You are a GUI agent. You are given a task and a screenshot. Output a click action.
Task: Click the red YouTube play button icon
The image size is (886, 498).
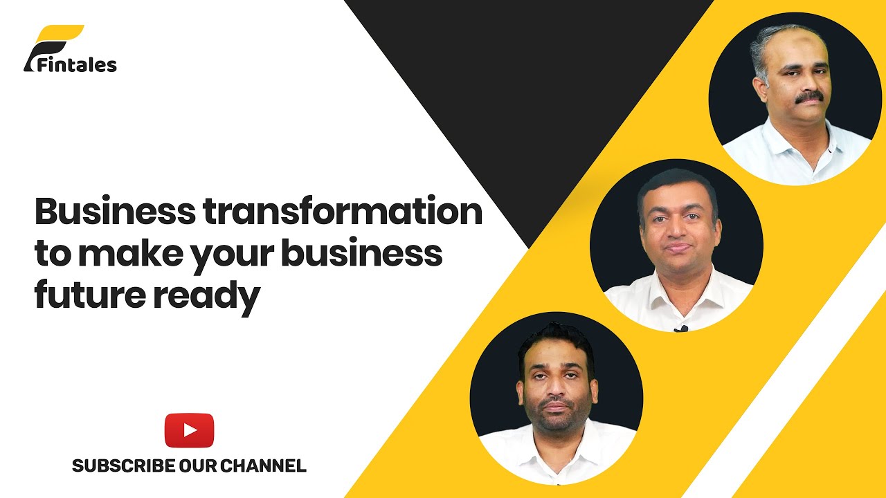tap(189, 430)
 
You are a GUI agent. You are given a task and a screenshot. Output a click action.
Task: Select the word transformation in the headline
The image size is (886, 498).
tap(343, 211)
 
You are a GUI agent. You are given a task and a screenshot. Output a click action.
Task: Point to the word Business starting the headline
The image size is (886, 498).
tap(115, 211)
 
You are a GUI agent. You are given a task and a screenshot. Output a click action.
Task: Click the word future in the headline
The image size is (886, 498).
tap(89, 296)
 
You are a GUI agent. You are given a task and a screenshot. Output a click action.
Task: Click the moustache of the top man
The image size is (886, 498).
tap(808, 98)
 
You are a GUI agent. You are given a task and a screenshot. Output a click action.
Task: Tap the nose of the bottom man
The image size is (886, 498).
tap(559, 387)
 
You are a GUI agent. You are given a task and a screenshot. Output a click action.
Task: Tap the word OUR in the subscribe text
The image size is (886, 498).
tap(202, 465)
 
